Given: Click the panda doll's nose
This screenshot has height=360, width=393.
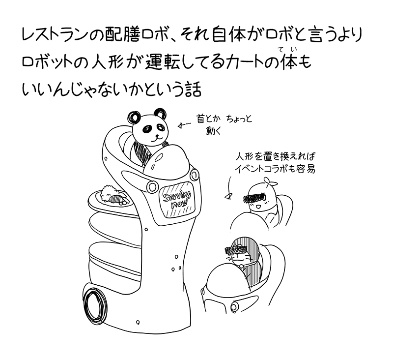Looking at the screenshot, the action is [x=157, y=136].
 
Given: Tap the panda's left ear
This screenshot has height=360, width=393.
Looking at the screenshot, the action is [x=134, y=117].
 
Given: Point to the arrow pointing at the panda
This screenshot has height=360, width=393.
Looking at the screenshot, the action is [x=184, y=125].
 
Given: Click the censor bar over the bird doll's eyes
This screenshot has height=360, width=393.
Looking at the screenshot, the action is [x=255, y=197].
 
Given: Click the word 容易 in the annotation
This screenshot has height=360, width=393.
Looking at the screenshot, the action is [x=306, y=169].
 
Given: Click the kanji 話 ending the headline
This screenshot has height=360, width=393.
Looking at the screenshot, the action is [x=193, y=90].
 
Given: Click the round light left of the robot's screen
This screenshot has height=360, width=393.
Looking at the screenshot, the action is [x=152, y=187].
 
